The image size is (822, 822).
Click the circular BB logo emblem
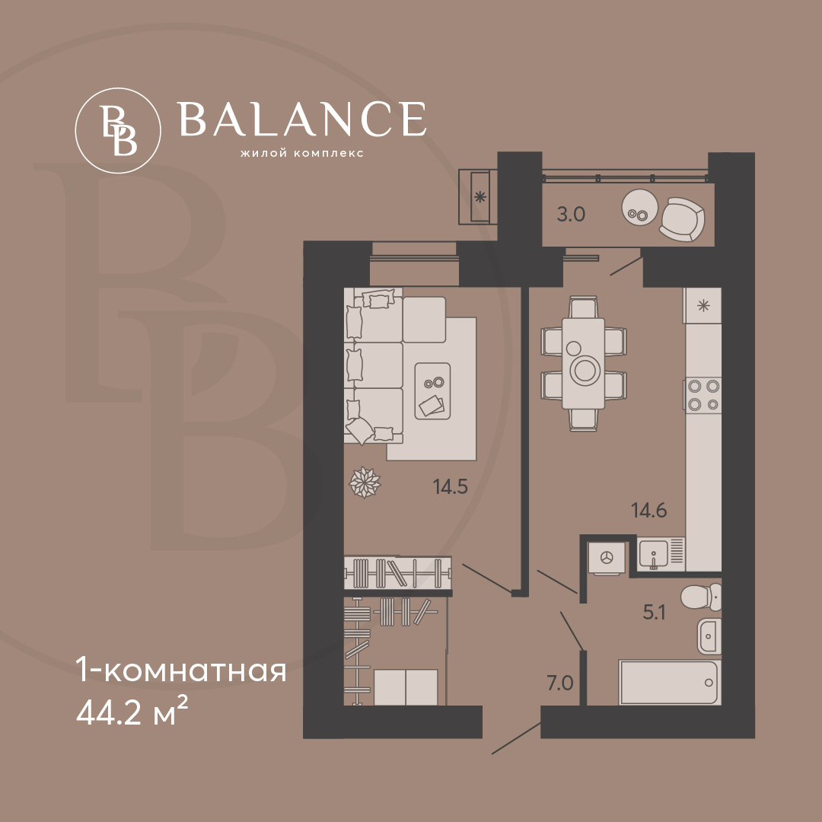(x=118, y=131)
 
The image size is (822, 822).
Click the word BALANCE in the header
(x=301, y=119)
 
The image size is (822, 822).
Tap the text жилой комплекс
(x=301, y=154)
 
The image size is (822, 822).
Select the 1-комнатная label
(x=181, y=670)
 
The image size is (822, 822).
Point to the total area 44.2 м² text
(x=132, y=712)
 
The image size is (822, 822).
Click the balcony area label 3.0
(x=571, y=215)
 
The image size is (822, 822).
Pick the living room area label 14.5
(x=451, y=487)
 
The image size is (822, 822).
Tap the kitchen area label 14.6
(x=649, y=510)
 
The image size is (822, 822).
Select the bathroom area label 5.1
(x=655, y=612)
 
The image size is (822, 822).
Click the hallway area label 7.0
(x=560, y=683)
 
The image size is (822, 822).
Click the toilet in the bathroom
(x=702, y=597)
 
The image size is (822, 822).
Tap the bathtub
(x=670, y=682)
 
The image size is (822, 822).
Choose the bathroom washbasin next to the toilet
(x=709, y=636)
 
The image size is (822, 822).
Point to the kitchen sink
(x=653, y=553)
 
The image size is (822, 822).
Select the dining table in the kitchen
(x=583, y=363)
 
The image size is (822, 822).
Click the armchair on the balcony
(x=681, y=219)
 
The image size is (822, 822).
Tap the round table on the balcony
(x=639, y=207)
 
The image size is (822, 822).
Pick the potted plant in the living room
(x=365, y=483)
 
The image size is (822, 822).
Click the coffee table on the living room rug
(x=432, y=391)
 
